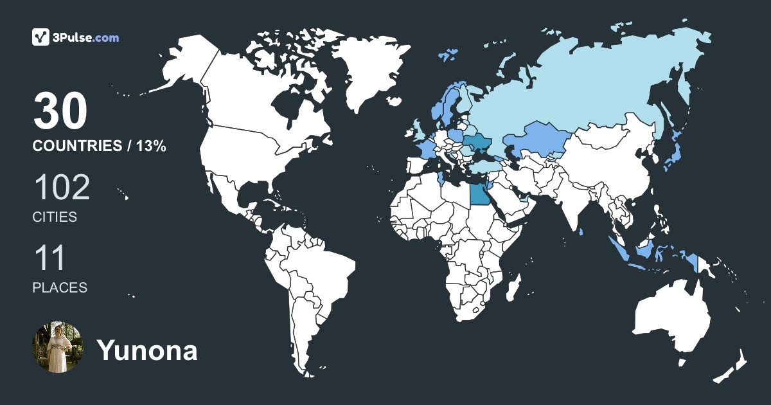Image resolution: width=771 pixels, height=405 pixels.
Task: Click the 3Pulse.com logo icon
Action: point(40,37)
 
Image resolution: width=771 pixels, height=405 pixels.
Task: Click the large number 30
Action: point(60,112)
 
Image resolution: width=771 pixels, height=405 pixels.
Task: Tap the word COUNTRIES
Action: point(76,147)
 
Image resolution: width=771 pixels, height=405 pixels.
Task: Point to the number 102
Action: point(61,188)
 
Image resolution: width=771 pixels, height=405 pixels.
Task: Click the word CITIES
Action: point(55,217)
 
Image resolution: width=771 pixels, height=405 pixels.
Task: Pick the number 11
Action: point(49,258)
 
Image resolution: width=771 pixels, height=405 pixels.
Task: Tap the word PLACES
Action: point(60,288)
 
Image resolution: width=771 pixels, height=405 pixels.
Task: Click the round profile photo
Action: point(58,348)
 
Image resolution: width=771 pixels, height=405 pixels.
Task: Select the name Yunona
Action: point(146,350)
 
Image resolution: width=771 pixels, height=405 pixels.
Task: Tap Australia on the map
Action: point(671,318)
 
